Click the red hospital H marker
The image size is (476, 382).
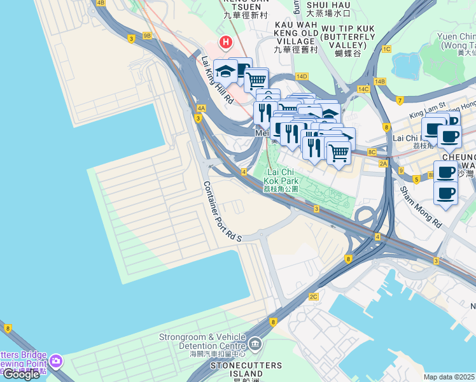[225, 43]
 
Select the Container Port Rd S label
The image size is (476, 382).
[222, 211]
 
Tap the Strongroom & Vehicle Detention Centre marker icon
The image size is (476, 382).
[255, 343]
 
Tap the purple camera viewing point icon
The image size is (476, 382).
[56, 361]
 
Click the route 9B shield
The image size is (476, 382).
[148, 36]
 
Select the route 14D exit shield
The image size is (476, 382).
[302, 76]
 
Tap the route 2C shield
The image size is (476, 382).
[313, 297]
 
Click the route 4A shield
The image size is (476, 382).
[201, 108]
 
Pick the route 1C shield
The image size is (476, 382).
[386, 48]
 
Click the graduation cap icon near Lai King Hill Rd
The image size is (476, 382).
[225, 71]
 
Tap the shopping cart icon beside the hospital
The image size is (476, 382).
[256, 80]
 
